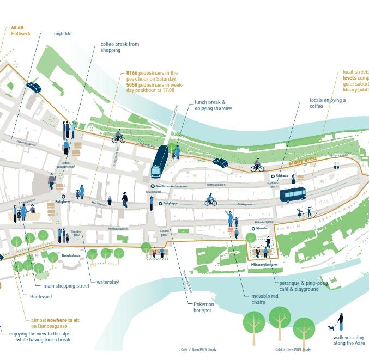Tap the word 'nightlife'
tap(63, 34)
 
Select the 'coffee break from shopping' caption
tap(119, 47)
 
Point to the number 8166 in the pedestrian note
tap(132, 73)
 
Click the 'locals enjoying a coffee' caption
tap(327, 103)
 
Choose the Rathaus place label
tap(282, 176)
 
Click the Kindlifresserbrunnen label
tap(171, 186)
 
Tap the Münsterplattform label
tap(264, 265)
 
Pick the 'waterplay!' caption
tap(107, 282)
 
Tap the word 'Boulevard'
tap(41, 297)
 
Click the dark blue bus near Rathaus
tap(292, 194)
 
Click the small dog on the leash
tap(331, 328)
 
